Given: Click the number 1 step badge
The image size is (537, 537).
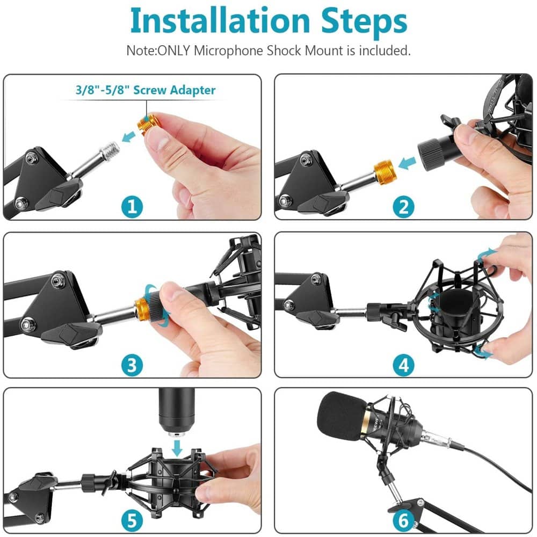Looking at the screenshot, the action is click(x=132, y=207).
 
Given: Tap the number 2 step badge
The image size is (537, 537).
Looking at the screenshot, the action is click(x=403, y=207).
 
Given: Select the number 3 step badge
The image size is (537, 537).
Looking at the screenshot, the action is click(x=132, y=365).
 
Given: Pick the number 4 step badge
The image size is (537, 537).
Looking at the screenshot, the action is click(x=403, y=365).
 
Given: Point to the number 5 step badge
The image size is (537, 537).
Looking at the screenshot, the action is click(x=132, y=520).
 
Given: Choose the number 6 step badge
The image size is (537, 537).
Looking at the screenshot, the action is click(x=403, y=520).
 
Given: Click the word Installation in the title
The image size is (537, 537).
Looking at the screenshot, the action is click(x=220, y=20).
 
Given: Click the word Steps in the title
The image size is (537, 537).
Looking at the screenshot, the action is click(x=364, y=22).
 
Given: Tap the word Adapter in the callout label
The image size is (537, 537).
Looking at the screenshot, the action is click(x=192, y=90).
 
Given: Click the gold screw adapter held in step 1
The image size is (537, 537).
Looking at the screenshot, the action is click(x=148, y=125).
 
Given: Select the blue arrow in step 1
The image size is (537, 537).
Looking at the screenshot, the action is click(x=129, y=136).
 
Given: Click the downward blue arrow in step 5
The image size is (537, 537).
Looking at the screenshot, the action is click(x=177, y=448).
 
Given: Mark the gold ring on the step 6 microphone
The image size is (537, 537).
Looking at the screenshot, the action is click(x=366, y=421).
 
